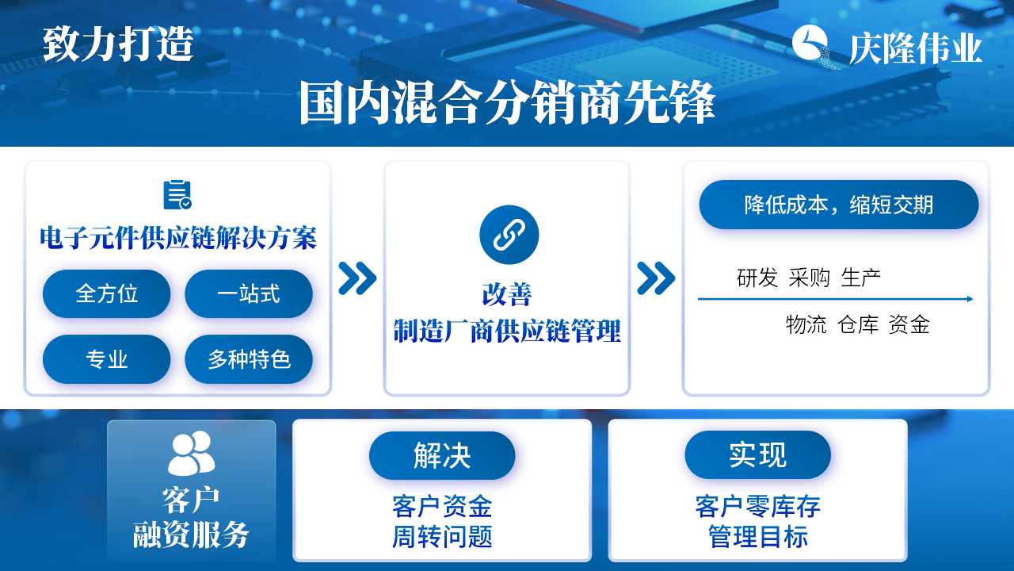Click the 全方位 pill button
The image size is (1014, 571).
coord(106,293)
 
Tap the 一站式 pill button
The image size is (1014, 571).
coord(249,293)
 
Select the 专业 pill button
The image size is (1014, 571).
coord(106,359)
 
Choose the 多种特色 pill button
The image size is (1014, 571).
coord(249,359)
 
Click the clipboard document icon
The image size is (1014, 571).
coord(177,195)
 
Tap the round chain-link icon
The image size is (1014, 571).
coord(509,235)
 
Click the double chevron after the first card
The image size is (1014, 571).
coord(357,278)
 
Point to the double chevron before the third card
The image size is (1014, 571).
coord(656,278)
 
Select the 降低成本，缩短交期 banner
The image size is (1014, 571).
coord(839,205)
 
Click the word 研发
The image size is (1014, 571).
coord(757,278)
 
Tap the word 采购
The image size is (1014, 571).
coord(810,278)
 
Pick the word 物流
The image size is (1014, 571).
coord(806,324)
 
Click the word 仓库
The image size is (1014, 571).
coord(858,324)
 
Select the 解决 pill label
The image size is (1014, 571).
coord(442,455)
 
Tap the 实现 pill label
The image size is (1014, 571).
coord(758,454)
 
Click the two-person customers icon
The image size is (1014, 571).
coord(192,453)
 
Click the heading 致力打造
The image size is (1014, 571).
coord(118,44)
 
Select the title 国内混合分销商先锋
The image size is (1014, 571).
coord(507,102)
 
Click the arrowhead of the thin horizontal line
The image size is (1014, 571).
coord(970,299)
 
